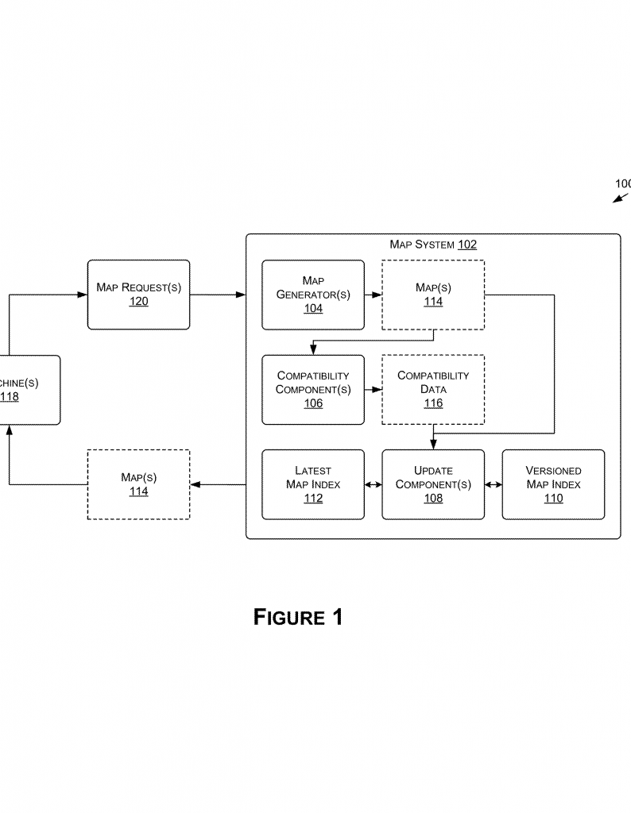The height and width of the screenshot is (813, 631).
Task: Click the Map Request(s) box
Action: coord(138,294)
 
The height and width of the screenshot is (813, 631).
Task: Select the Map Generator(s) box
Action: coord(313,294)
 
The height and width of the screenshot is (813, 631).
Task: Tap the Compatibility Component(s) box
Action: coord(313,389)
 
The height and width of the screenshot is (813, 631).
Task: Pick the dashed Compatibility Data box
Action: coord(433,389)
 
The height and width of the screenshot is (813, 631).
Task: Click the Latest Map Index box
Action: coord(313,484)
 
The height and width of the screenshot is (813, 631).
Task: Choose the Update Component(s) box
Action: coord(433,484)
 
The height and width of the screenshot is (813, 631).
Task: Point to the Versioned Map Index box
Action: coord(553,484)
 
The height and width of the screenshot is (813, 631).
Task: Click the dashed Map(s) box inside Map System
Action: coord(433,294)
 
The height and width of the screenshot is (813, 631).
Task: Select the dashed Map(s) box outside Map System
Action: coord(138,484)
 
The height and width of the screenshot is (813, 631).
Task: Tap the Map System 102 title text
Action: coord(433,245)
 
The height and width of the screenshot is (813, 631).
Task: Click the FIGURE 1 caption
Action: coord(298,617)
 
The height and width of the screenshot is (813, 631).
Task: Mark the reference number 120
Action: coord(138,302)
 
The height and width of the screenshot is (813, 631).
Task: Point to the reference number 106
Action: coord(313,403)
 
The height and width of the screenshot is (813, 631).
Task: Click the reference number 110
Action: coord(553,499)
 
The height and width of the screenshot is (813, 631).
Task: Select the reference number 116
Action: coord(433,403)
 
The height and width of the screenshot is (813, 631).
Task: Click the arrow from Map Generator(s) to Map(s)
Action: coord(374,295)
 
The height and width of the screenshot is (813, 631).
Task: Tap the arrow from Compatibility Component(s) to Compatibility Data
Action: coord(374,390)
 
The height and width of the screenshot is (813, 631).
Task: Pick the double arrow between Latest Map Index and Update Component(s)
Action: coord(374,484)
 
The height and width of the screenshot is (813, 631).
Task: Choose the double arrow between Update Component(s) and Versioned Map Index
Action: coord(494,484)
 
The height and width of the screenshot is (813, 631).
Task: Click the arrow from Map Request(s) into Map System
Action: coord(218,295)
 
